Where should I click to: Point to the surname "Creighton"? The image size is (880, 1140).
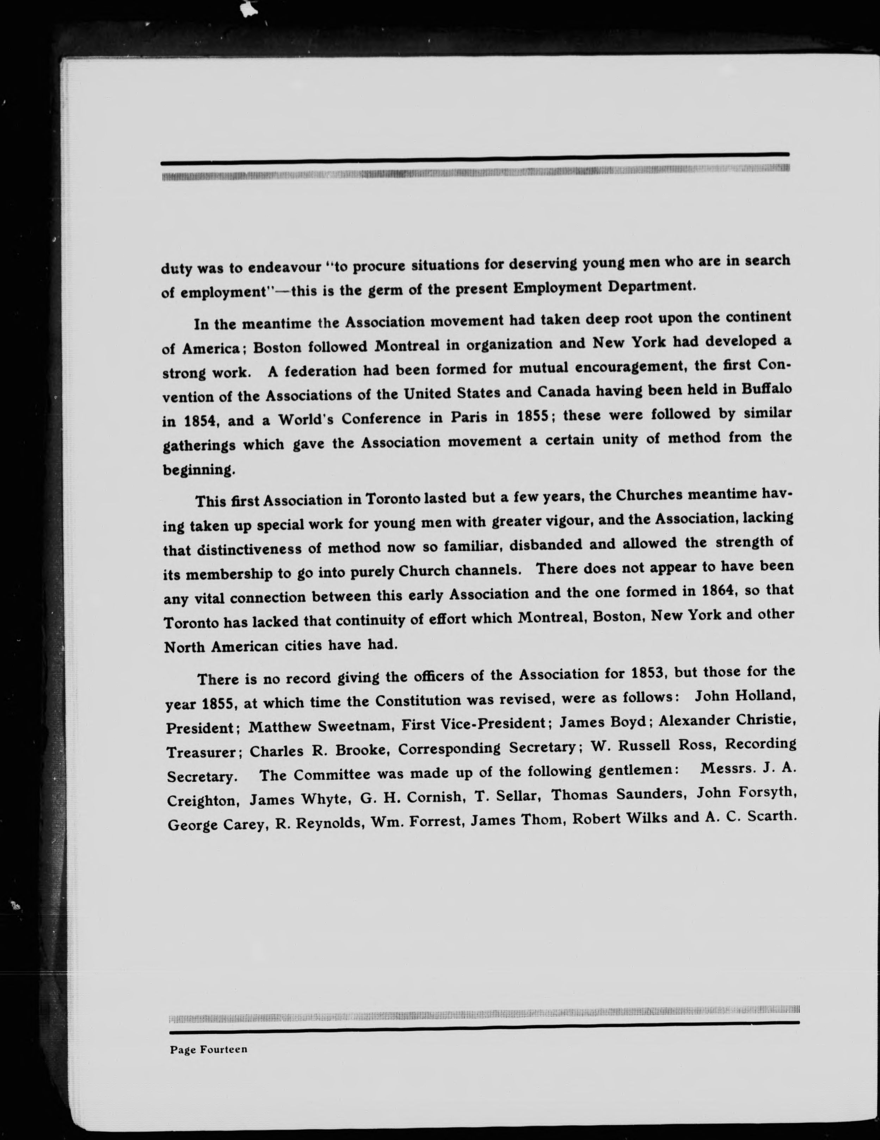(x=204, y=800)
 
